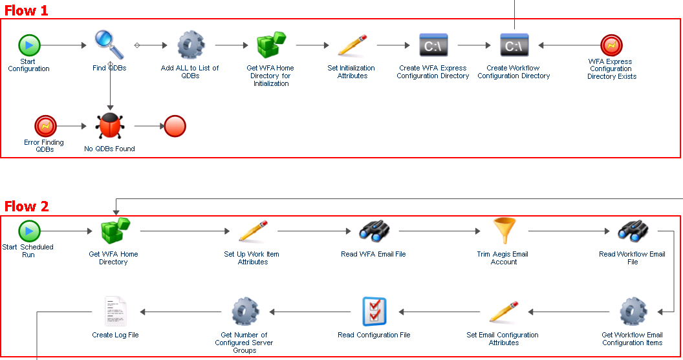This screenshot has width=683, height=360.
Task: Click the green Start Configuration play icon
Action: click(29, 45)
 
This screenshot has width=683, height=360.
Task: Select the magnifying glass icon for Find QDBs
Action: click(109, 44)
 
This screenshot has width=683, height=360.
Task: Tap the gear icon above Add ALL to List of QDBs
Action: click(190, 45)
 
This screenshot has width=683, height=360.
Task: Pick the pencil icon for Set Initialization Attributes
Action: click(352, 45)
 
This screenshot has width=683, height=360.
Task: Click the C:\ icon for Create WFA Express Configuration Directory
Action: click(433, 45)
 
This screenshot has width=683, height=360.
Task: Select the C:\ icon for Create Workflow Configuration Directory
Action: click(514, 45)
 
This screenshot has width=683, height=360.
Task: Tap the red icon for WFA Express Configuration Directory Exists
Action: click(611, 45)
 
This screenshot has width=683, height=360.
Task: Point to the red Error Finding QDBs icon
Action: click(45, 125)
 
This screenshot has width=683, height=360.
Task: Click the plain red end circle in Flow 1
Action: click(175, 126)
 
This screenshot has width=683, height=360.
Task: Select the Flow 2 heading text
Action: click(27, 206)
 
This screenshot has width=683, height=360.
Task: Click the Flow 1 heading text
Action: click(27, 10)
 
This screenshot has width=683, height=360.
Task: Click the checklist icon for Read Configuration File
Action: click(374, 312)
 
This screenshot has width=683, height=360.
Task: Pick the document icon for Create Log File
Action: click(115, 312)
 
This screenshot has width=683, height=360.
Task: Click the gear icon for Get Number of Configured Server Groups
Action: click(244, 312)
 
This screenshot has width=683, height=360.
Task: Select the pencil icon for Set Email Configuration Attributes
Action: click(503, 312)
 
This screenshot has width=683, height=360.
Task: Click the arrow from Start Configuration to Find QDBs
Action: click(63, 45)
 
